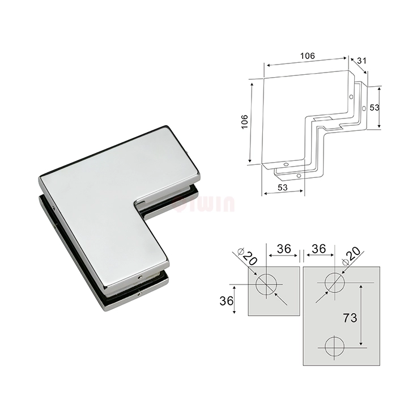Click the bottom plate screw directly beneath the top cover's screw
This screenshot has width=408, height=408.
(139, 294)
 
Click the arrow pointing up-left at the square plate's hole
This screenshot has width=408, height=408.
(278, 297)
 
